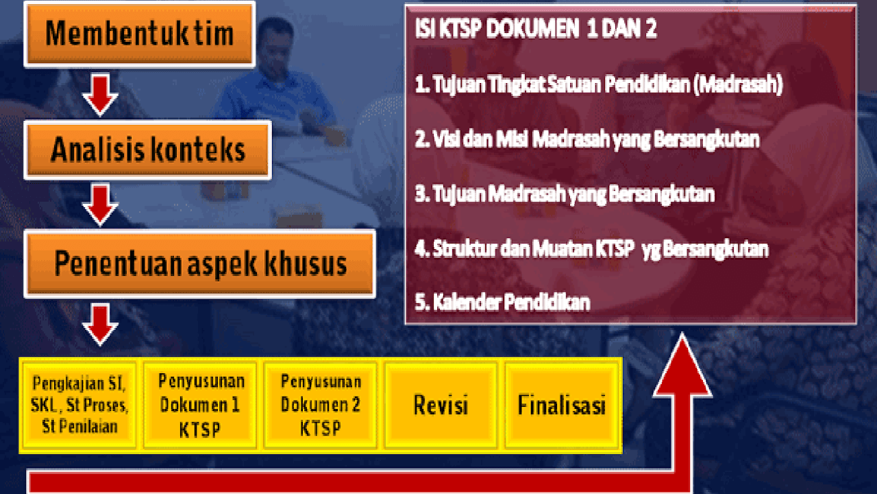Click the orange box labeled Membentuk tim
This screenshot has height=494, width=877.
140,34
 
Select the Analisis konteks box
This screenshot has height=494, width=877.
147,150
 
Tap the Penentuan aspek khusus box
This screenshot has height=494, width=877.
199,263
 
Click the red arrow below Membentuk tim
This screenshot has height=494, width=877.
100,95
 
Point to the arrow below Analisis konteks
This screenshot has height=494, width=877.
100,204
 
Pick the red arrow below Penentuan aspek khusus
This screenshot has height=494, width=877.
100,325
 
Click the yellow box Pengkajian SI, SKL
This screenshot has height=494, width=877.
79,405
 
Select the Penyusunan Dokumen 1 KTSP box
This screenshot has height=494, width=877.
200,405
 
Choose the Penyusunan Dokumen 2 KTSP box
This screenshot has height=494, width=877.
321,405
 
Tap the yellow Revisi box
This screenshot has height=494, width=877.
441,405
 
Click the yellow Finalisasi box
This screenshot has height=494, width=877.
561,405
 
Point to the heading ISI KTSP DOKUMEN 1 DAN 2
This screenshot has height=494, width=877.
536,29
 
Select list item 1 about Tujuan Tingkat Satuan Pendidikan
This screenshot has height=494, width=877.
599,84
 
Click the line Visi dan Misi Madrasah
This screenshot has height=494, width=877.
587,139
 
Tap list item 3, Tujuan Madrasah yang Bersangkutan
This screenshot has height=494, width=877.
565,194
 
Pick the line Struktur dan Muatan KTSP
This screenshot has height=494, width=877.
591,249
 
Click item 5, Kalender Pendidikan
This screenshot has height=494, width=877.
502,303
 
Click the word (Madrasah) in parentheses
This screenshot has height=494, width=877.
738,84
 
